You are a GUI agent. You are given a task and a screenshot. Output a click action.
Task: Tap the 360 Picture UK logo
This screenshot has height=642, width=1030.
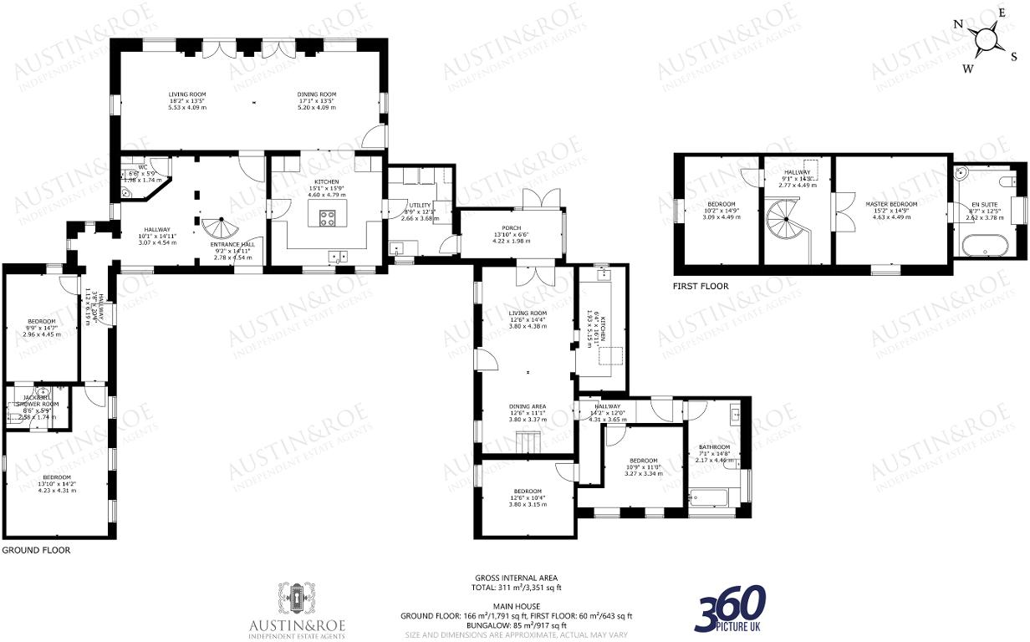731,608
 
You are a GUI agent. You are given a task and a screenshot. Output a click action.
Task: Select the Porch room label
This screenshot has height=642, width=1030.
511,228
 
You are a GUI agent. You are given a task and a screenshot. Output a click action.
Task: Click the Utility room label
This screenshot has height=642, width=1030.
419,205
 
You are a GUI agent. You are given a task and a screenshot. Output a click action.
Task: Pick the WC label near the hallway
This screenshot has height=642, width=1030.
143,167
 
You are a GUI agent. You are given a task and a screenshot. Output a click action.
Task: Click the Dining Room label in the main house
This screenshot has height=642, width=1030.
317,94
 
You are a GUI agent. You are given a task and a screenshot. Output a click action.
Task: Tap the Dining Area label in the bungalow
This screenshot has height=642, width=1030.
528,406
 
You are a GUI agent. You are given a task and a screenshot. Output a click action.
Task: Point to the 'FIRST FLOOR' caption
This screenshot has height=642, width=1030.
701,287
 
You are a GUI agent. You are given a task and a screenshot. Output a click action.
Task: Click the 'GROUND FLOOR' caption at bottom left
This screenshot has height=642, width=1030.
36,551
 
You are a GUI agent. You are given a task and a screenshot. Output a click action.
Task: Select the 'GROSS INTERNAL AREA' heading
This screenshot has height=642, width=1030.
516,578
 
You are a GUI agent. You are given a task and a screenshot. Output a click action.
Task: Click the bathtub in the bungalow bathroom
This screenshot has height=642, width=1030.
708,499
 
